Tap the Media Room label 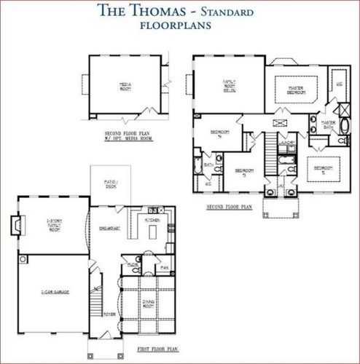point(125,86)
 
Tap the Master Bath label point(328,124)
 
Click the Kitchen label point(152,219)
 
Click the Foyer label point(109,314)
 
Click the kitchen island point(152,232)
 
